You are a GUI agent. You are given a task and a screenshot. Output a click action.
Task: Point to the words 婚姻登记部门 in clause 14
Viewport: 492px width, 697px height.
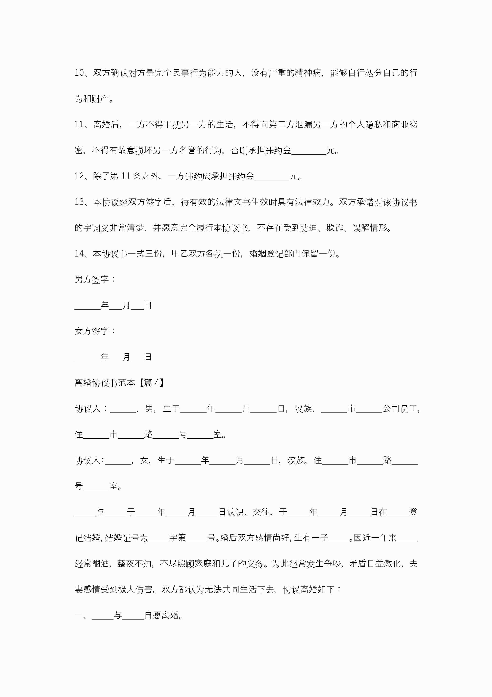click(275, 254)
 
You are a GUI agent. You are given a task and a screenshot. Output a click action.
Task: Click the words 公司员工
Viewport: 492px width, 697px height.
click(400, 409)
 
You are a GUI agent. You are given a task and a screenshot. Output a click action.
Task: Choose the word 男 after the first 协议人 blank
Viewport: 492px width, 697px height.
click(149, 409)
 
